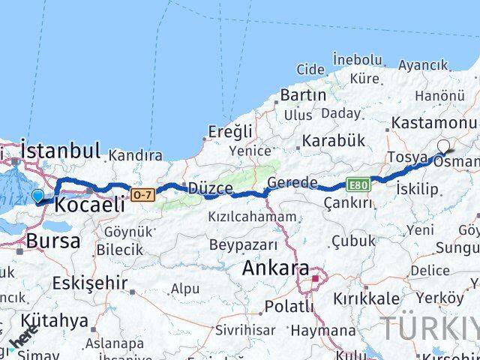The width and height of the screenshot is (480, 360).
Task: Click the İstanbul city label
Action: point(61,150)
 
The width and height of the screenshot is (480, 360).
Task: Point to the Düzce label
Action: point(210,188)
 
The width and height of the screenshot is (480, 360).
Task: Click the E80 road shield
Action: point(357,183)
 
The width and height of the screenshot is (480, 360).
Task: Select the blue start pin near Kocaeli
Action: point(38,196)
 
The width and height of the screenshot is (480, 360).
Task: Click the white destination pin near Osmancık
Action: point(443,147)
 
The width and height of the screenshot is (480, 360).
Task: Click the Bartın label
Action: point(303,95)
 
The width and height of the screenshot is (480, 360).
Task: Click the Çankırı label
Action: point(348,202)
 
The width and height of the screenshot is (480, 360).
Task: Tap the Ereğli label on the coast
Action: point(229,132)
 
